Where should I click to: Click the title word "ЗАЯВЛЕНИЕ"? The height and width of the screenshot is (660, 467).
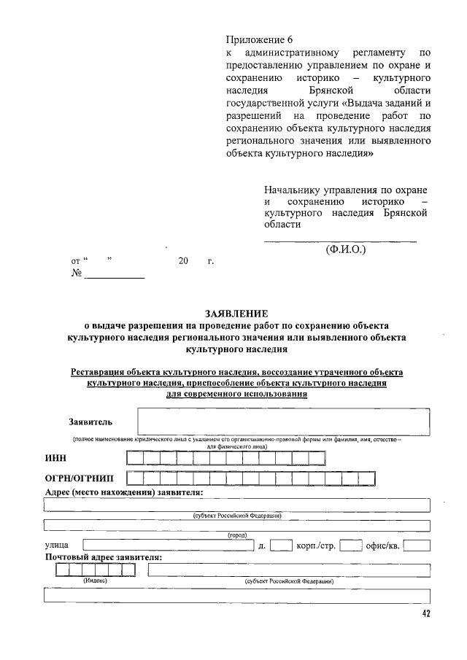pos(233,313)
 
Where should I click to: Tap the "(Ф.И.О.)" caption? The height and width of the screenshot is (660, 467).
pos(345,249)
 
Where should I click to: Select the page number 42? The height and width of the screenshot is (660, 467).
pos(425,614)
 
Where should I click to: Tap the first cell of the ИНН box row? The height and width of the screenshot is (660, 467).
pos(134,458)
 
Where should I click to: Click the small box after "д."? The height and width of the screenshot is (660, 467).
pos(281,545)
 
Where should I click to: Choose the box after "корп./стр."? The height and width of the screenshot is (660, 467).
pos(351,545)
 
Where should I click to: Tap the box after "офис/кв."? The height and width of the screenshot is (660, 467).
pos(417,545)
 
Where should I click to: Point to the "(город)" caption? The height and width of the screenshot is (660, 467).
pos(237,535)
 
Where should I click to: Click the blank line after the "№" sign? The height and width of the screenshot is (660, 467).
pos(115,275)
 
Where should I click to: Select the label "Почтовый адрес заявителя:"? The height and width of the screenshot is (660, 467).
pos(104,557)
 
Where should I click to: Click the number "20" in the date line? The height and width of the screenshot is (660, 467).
pos(183,260)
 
